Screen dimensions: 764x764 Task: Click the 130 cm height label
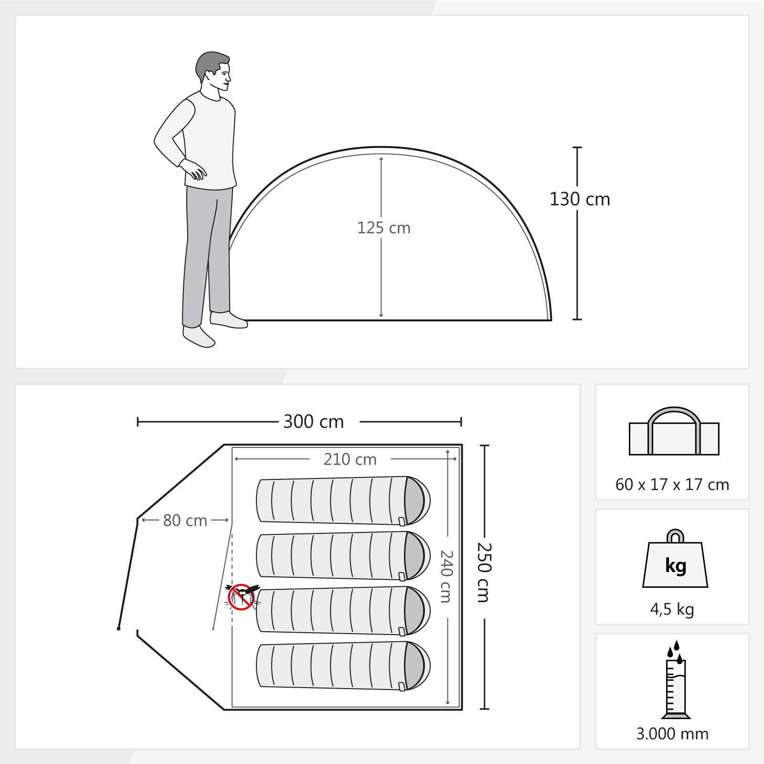(580, 199)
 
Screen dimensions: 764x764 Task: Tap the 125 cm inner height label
(384, 228)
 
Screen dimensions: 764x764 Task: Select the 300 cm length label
(314, 422)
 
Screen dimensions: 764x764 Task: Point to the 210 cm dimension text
(350, 459)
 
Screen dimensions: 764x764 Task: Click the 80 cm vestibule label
(185, 520)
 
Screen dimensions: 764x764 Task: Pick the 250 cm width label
(484, 572)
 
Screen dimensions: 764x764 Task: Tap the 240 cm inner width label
(446, 576)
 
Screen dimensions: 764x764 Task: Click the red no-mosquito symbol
(241, 597)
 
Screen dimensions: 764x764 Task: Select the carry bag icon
(674, 431)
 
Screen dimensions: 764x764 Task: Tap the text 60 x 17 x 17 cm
(672, 485)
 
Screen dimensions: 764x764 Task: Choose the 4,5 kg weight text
(672, 609)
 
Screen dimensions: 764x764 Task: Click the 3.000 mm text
(672, 733)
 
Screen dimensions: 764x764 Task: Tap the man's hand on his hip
(193, 168)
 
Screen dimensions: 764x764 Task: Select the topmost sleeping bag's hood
(417, 500)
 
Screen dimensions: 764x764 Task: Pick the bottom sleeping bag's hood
(417, 666)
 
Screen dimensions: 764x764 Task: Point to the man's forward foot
(229, 319)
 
